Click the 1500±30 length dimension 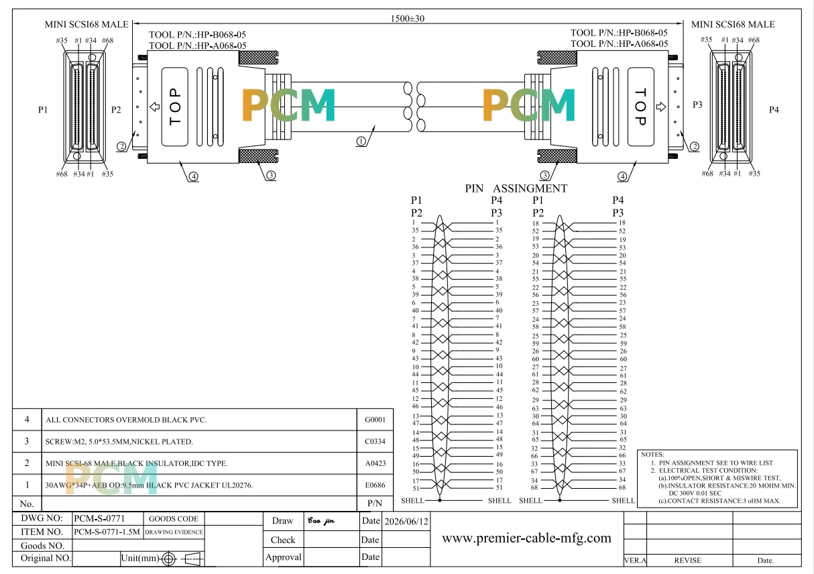[408, 18]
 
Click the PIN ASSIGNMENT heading [516, 188]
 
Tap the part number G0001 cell [375, 420]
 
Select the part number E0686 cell [375, 485]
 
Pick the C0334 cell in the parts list [375, 441]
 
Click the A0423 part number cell [375, 463]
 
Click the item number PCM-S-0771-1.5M [107, 532]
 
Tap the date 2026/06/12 [406, 521]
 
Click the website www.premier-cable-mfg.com [526, 538]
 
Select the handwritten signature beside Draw [321, 521]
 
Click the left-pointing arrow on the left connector [155, 107]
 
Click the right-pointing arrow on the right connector [661, 107]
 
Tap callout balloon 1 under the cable [361, 141]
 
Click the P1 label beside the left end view [43, 109]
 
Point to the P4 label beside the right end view [774, 109]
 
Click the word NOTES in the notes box [652, 455]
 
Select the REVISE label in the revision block [687, 560]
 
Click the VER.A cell [635, 560]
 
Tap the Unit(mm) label [140, 558]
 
